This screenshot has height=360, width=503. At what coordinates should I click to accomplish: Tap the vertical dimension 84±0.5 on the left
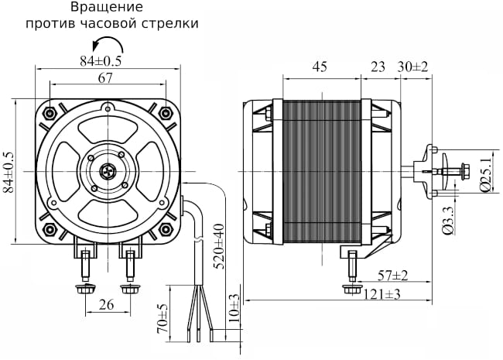9,173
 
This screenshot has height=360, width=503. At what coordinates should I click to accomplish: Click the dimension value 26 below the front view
107,305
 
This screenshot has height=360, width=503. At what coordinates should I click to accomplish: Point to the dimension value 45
319,67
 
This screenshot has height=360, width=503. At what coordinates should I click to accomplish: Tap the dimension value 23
378,67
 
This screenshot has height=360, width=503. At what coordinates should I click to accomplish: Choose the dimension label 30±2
413,67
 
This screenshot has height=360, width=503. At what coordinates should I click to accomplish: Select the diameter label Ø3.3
447,220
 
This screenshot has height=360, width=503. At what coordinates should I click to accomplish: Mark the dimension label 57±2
393,276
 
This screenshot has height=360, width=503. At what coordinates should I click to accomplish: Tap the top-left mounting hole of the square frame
51,113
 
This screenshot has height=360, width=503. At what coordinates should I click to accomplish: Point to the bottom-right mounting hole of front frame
166,230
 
